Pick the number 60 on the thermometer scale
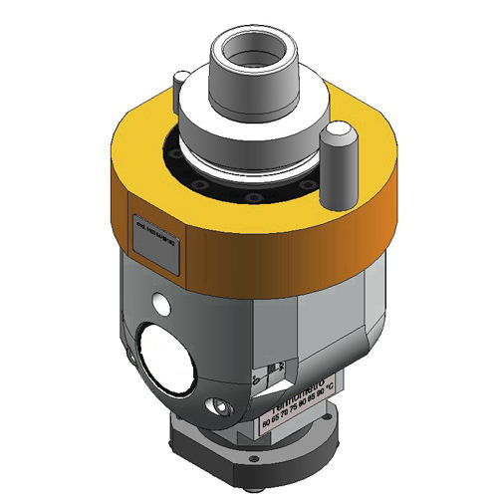pyautogui.click(x=265, y=423)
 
